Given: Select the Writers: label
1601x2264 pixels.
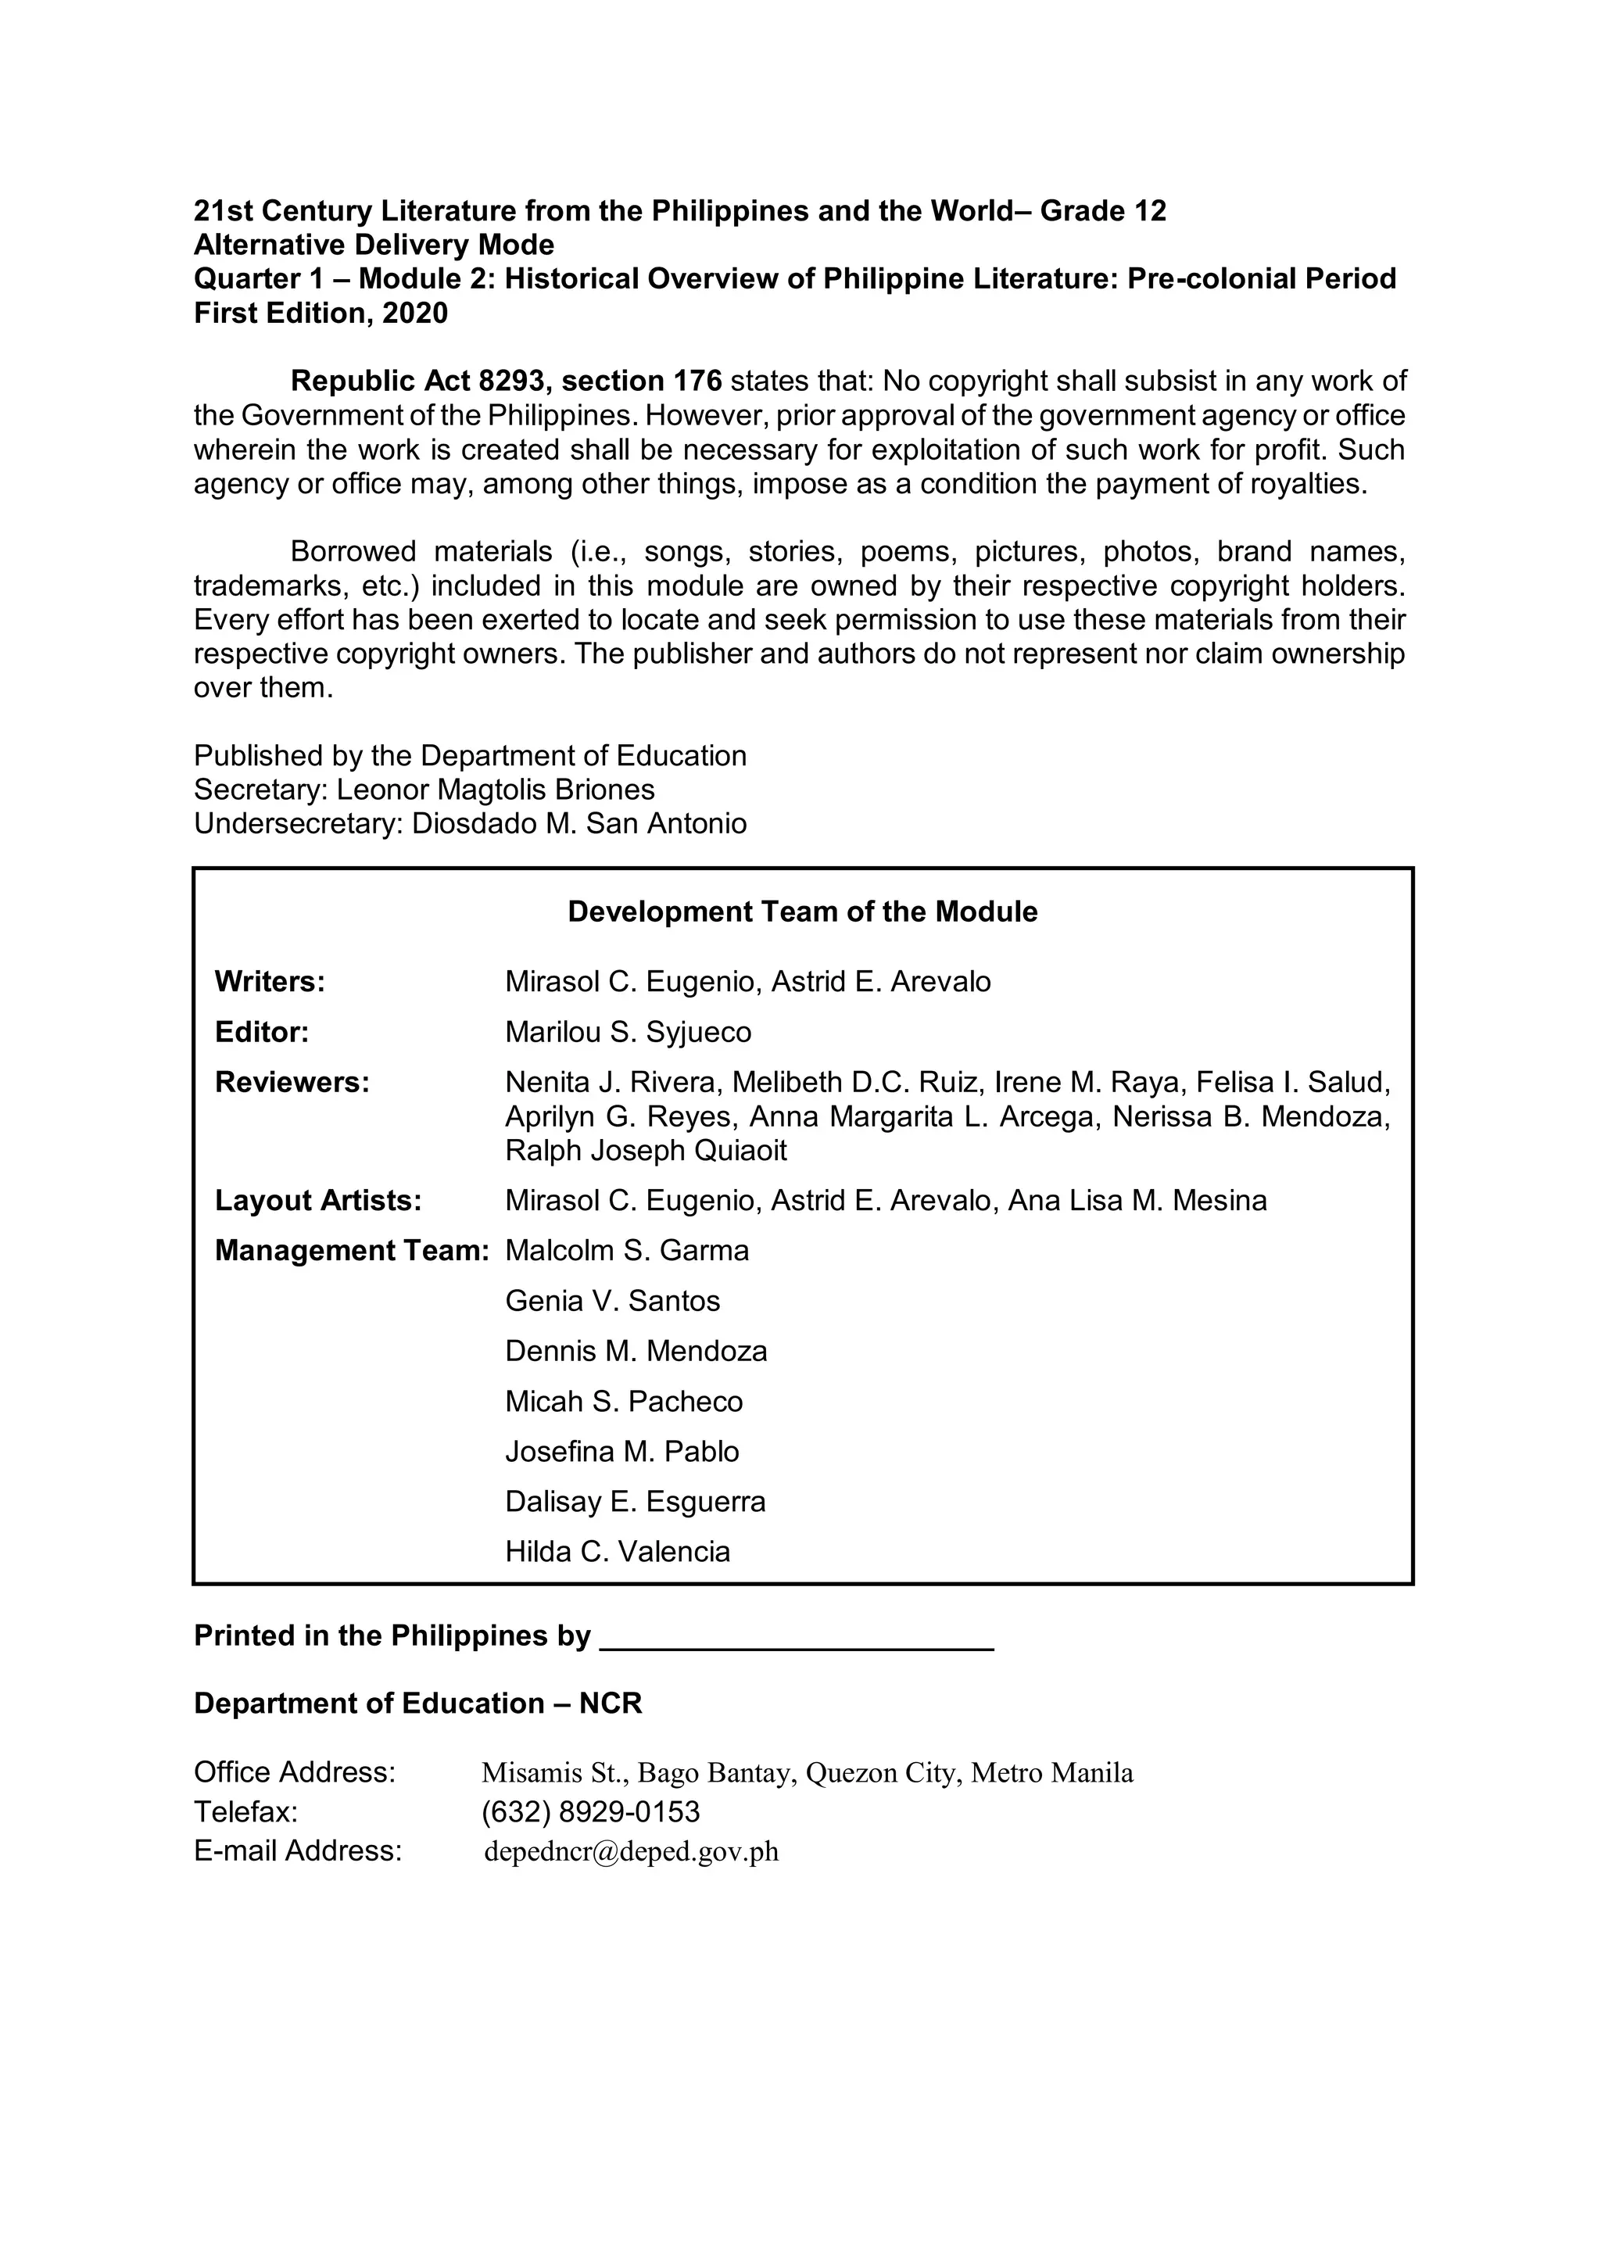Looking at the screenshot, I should click(270, 981).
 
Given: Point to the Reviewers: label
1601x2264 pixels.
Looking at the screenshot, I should click(292, 1082).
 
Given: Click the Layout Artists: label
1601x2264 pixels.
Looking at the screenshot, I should click(317, 1200).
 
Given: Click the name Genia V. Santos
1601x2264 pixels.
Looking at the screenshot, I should click(612, 1301).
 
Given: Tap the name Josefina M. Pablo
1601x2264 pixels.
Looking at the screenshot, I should click(622, 1452).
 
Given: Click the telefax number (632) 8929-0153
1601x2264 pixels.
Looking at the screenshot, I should click(590, 1811).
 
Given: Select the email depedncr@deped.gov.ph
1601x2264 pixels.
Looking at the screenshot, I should click(631, 1851).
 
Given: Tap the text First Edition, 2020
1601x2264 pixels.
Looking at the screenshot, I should click(321, 313).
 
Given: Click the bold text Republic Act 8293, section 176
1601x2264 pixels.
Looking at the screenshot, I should click(506, 381).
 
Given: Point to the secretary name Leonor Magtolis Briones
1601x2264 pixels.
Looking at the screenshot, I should click(495, 789).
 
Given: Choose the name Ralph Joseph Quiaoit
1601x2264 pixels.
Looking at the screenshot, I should click(646, 1150).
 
